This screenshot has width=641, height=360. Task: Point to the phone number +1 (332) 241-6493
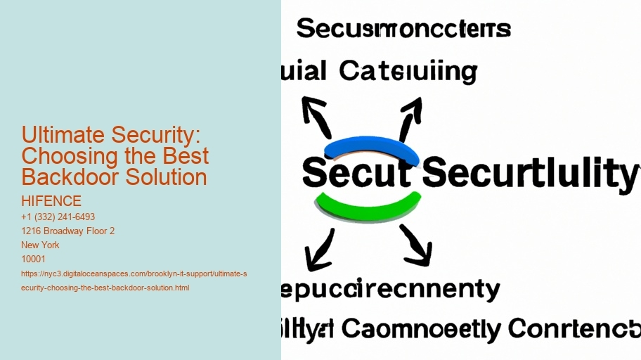(x=58, y=217)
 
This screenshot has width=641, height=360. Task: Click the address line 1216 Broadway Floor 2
(x=68, y=231)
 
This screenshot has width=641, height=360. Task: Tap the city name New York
(x=41, y=245)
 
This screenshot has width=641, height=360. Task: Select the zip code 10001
(x=34, y=259)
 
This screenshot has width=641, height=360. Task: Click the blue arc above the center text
(x=372, y=146)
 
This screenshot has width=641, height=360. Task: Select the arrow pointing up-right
(x=410, y=117)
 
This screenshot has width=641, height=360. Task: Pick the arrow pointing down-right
(x=416, y=246)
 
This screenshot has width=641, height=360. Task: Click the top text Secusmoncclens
(x=403, y=29)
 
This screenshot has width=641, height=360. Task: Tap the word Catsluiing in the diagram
(x=408, y=71)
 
